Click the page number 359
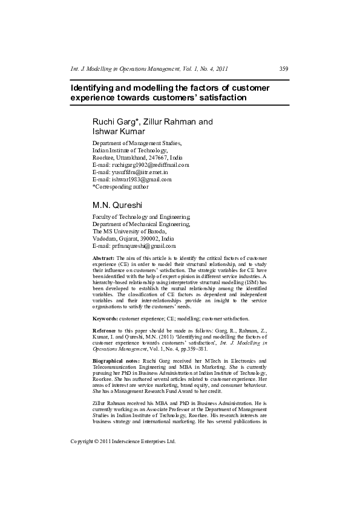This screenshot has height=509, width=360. pos(284,69)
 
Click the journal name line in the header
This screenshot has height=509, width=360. pos(149,69)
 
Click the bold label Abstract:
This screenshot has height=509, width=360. pos(103,258)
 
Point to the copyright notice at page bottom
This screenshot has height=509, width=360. pos(123,441)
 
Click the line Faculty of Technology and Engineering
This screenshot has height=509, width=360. pos(141,217)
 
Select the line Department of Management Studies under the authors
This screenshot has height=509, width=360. pos(137,143)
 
